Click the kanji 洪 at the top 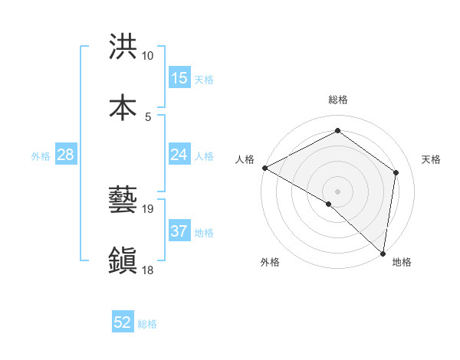[123, 47]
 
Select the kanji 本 [123, 106]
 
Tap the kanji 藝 [123, 201]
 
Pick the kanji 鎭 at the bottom [123, 260]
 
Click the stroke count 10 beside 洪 [148, 56]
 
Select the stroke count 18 [148, 269]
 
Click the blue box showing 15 [179, 78]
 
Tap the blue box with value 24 [179, 155]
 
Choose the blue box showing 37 [179, 231]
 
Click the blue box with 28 [66, 155]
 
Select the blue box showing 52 [123, 322]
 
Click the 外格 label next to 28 [41, 156]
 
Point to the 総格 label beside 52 [148, 324]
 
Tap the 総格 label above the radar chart [338, 100]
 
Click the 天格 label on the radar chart [432, 159]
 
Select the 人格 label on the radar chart [245, 159]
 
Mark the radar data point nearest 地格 [383, 253]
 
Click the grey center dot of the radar [338, 191]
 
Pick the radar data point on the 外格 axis [329, 204]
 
